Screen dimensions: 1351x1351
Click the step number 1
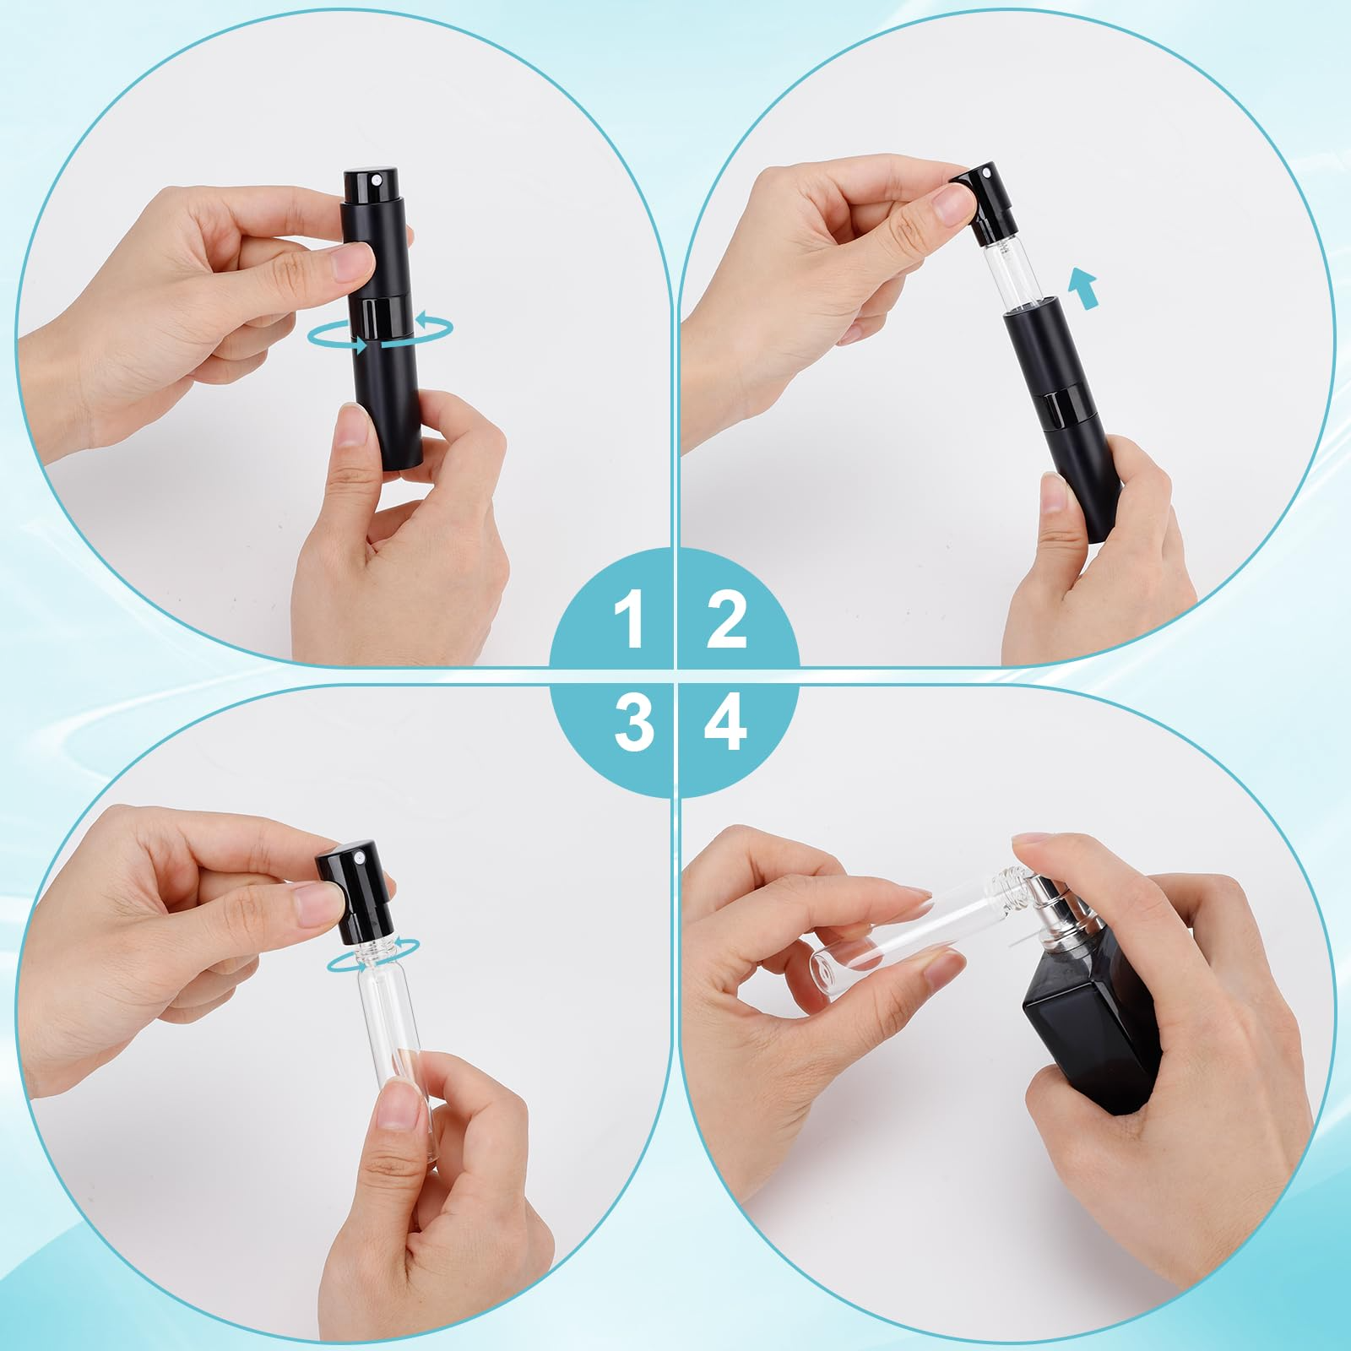[632, 621]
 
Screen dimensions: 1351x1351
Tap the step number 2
[727, 621]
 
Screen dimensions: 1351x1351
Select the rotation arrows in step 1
[380, 335]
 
